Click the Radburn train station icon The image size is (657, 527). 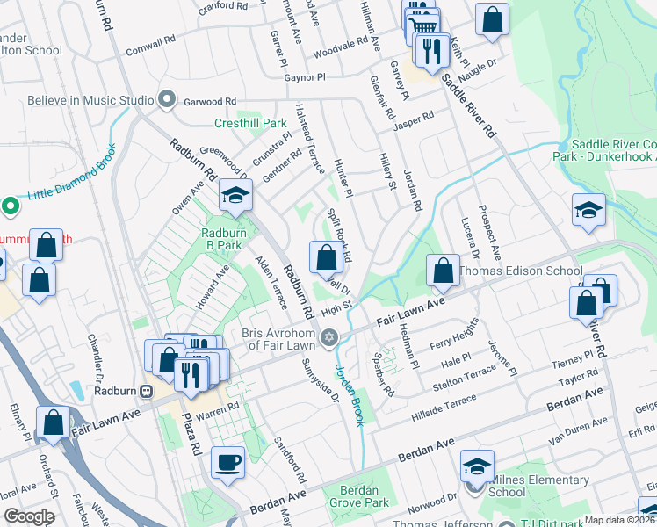tap(146, 391)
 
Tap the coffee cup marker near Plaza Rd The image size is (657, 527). tap(228, 462)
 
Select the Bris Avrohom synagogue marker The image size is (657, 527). tap(330, 336)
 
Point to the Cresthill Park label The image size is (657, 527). tap(251, 124)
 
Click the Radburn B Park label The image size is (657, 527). tap(221, 239)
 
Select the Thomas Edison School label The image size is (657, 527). tap(520, 271)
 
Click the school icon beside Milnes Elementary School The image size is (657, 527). tap(477, 466)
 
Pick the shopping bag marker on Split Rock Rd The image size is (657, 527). tap(326, 257)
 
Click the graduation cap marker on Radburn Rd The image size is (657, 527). tap(235, 196)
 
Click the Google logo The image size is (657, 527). tap(28, 516)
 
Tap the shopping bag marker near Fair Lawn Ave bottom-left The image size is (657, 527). tap(54, 421)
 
